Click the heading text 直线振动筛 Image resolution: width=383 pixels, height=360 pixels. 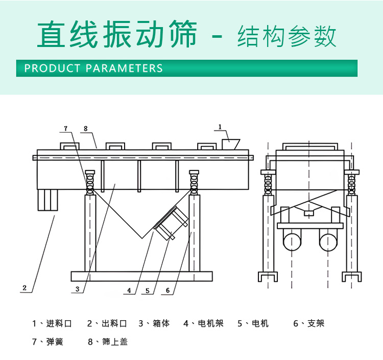(x=117, y=35)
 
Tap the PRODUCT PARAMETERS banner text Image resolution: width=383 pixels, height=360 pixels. (x=93, y=68)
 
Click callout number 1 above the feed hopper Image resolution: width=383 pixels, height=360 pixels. (x=220, y=126)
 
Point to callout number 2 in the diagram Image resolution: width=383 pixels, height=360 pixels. (x=24, y=288)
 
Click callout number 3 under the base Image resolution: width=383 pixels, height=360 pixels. (x=77, y=289)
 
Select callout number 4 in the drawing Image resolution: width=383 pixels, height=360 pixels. (x=129, y=291)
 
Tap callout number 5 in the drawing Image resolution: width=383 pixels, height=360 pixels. (x=148, y=291)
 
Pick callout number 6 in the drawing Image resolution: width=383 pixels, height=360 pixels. (x=167, y=291)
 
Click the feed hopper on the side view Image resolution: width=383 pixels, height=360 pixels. (x=231, y=144)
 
